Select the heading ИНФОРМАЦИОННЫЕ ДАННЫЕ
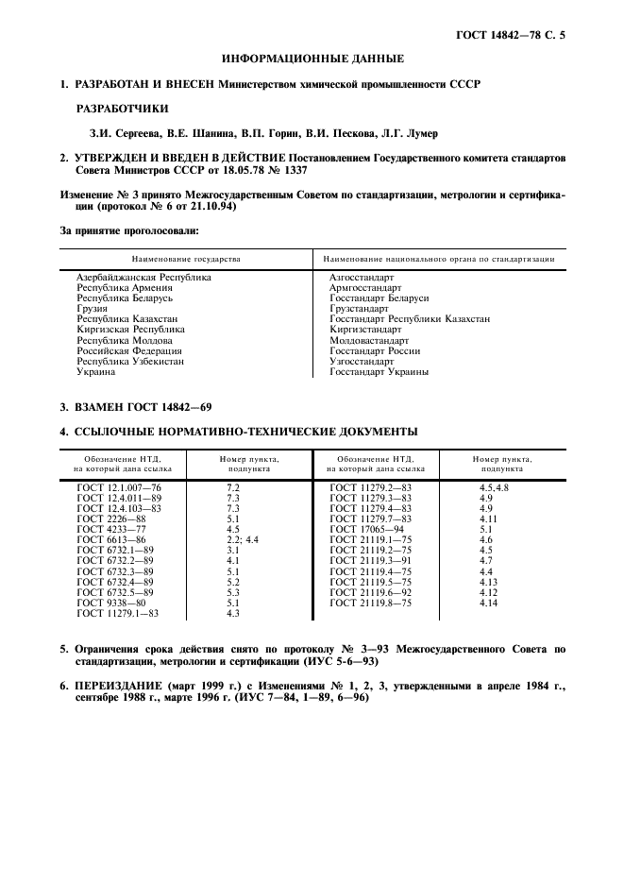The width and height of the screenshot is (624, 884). pyautogui.click(x=312, y=59)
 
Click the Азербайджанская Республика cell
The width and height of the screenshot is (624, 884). pyautogui.click(x=143, y=278)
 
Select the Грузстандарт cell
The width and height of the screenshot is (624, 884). pyautogui.click(x=359, y=309)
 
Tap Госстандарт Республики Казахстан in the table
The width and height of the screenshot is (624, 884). pyautogui.click(x=410, y=319)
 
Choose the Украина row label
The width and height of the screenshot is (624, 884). pyautogui.click(x=96, y=371)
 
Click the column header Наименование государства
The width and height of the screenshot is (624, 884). pyautogui.click(x=186, y=258)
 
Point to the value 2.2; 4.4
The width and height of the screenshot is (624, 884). pyautogui.click(x=242, y=539)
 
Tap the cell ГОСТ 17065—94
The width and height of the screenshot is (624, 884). pyautogui.click(x=366, y=529)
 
